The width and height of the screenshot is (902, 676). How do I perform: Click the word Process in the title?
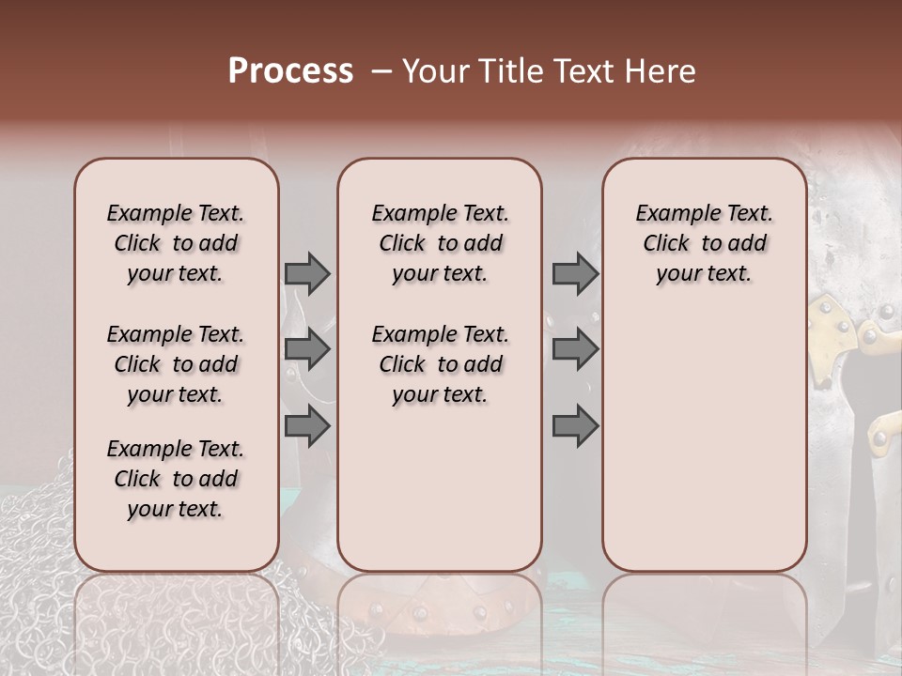coord(290,71)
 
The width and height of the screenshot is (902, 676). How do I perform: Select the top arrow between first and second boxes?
coord(306,273)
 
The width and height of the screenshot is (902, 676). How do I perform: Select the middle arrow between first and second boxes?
coord(306,349)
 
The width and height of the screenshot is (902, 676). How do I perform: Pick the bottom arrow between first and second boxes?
coord(306,426)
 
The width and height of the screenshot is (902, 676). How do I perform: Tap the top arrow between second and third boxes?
coord(574,273)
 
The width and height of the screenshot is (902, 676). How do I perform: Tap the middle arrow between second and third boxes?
coord(574,349)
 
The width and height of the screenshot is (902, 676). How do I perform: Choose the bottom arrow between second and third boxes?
coord(574,426)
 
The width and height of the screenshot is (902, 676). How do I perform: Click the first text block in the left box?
coord(176,243)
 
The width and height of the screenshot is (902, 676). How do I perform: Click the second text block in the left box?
coord(176,364)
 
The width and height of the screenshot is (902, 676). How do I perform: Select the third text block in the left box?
coord(176,479)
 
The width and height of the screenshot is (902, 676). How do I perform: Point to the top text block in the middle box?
coord(440,243)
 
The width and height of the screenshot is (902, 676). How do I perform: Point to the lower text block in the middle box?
coord(440,364)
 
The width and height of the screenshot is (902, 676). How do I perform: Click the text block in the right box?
coord(704,243)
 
